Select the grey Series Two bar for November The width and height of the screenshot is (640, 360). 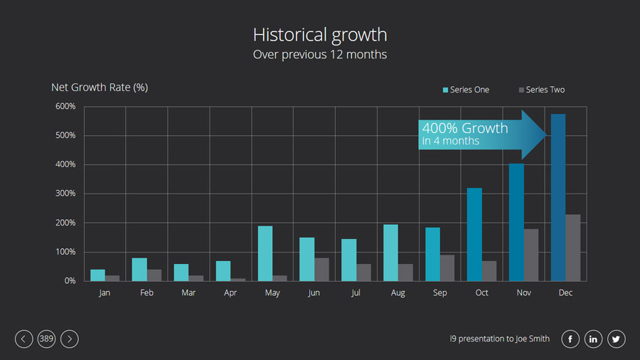tap(531, 255)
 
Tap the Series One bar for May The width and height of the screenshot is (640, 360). tap(265, 253)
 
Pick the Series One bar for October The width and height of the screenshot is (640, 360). tap(474, 234)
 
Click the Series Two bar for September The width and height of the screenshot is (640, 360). tap(447, 268)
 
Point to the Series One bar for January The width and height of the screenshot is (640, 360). tap(98, 275)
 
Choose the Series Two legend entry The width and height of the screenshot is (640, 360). tap(542, 90)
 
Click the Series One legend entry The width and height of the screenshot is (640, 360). tap(466, 90)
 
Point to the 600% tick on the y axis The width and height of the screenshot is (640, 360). tap(65, 107)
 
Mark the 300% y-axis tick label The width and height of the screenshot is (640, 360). tap(65, 194)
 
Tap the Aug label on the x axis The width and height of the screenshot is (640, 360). tap(398, 293)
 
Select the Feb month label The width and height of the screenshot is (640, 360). tap(146, 293)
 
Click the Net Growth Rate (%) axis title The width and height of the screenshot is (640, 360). tap(100, 88)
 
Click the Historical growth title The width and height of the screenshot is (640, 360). tap(320, 35)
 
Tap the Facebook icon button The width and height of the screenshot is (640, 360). tap(570, 339)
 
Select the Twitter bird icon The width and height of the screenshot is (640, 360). tap(616, 339)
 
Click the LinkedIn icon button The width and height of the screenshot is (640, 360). tap(593, 339)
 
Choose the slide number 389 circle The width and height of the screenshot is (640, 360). tap(46, 339)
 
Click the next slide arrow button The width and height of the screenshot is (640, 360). tap(69, 339)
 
